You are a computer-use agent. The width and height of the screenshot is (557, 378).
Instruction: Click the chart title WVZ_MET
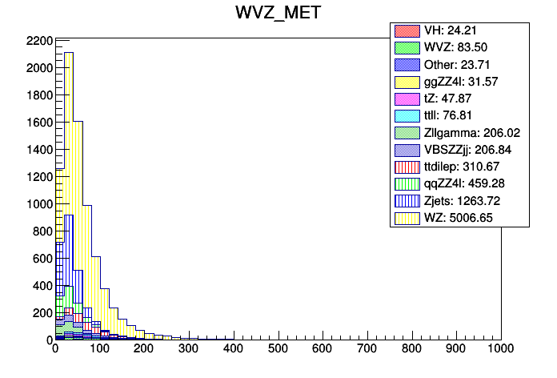click(x=278, y=13)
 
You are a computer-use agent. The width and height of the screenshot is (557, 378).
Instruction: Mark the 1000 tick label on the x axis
click(x=499, y=351)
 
